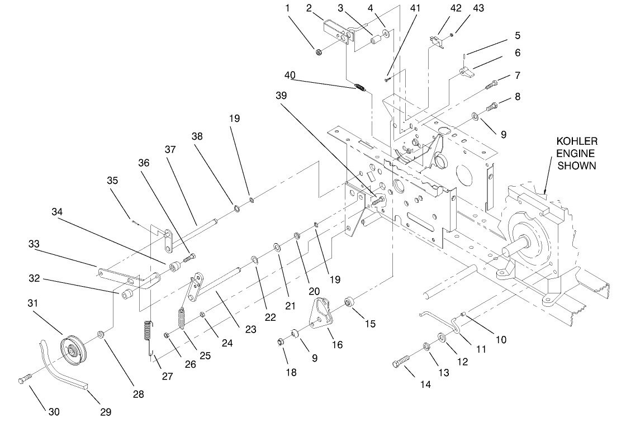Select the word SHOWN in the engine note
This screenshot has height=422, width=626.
[581, 165]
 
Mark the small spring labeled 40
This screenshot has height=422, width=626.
[361, 87]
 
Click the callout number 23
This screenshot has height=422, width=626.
[251, 330]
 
